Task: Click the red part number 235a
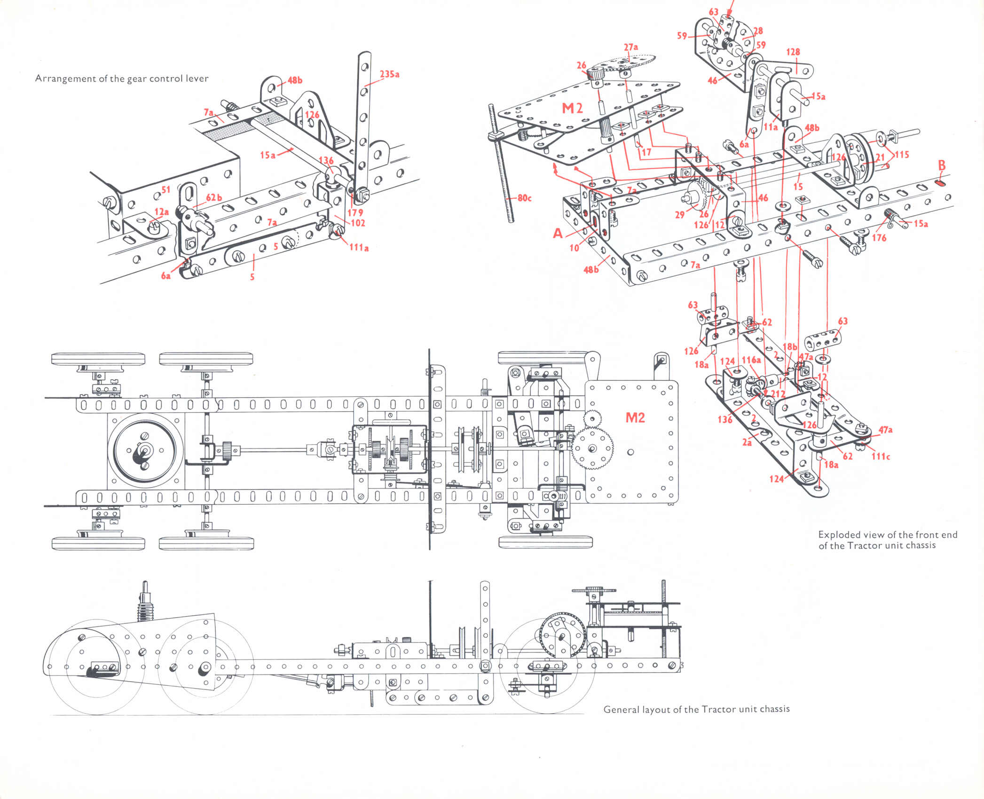(x=390, y=74)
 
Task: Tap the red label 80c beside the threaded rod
(x=524, y=198)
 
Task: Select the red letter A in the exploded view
(x=558, y=233)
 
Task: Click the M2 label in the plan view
(x=635, y=417)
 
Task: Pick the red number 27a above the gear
(x=631, y=47)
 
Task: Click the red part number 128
(x=793, y=52)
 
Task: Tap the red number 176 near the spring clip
(x=879, y=238)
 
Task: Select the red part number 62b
(x=214, y=197)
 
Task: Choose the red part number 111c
(x=881, y=456)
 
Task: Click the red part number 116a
(x=751, y=360)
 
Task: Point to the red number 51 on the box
(x=165, y=189)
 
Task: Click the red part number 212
(x=778, y=394)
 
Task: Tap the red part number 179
(x=355, y=212)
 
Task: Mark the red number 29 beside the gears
(x=680, y=215)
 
